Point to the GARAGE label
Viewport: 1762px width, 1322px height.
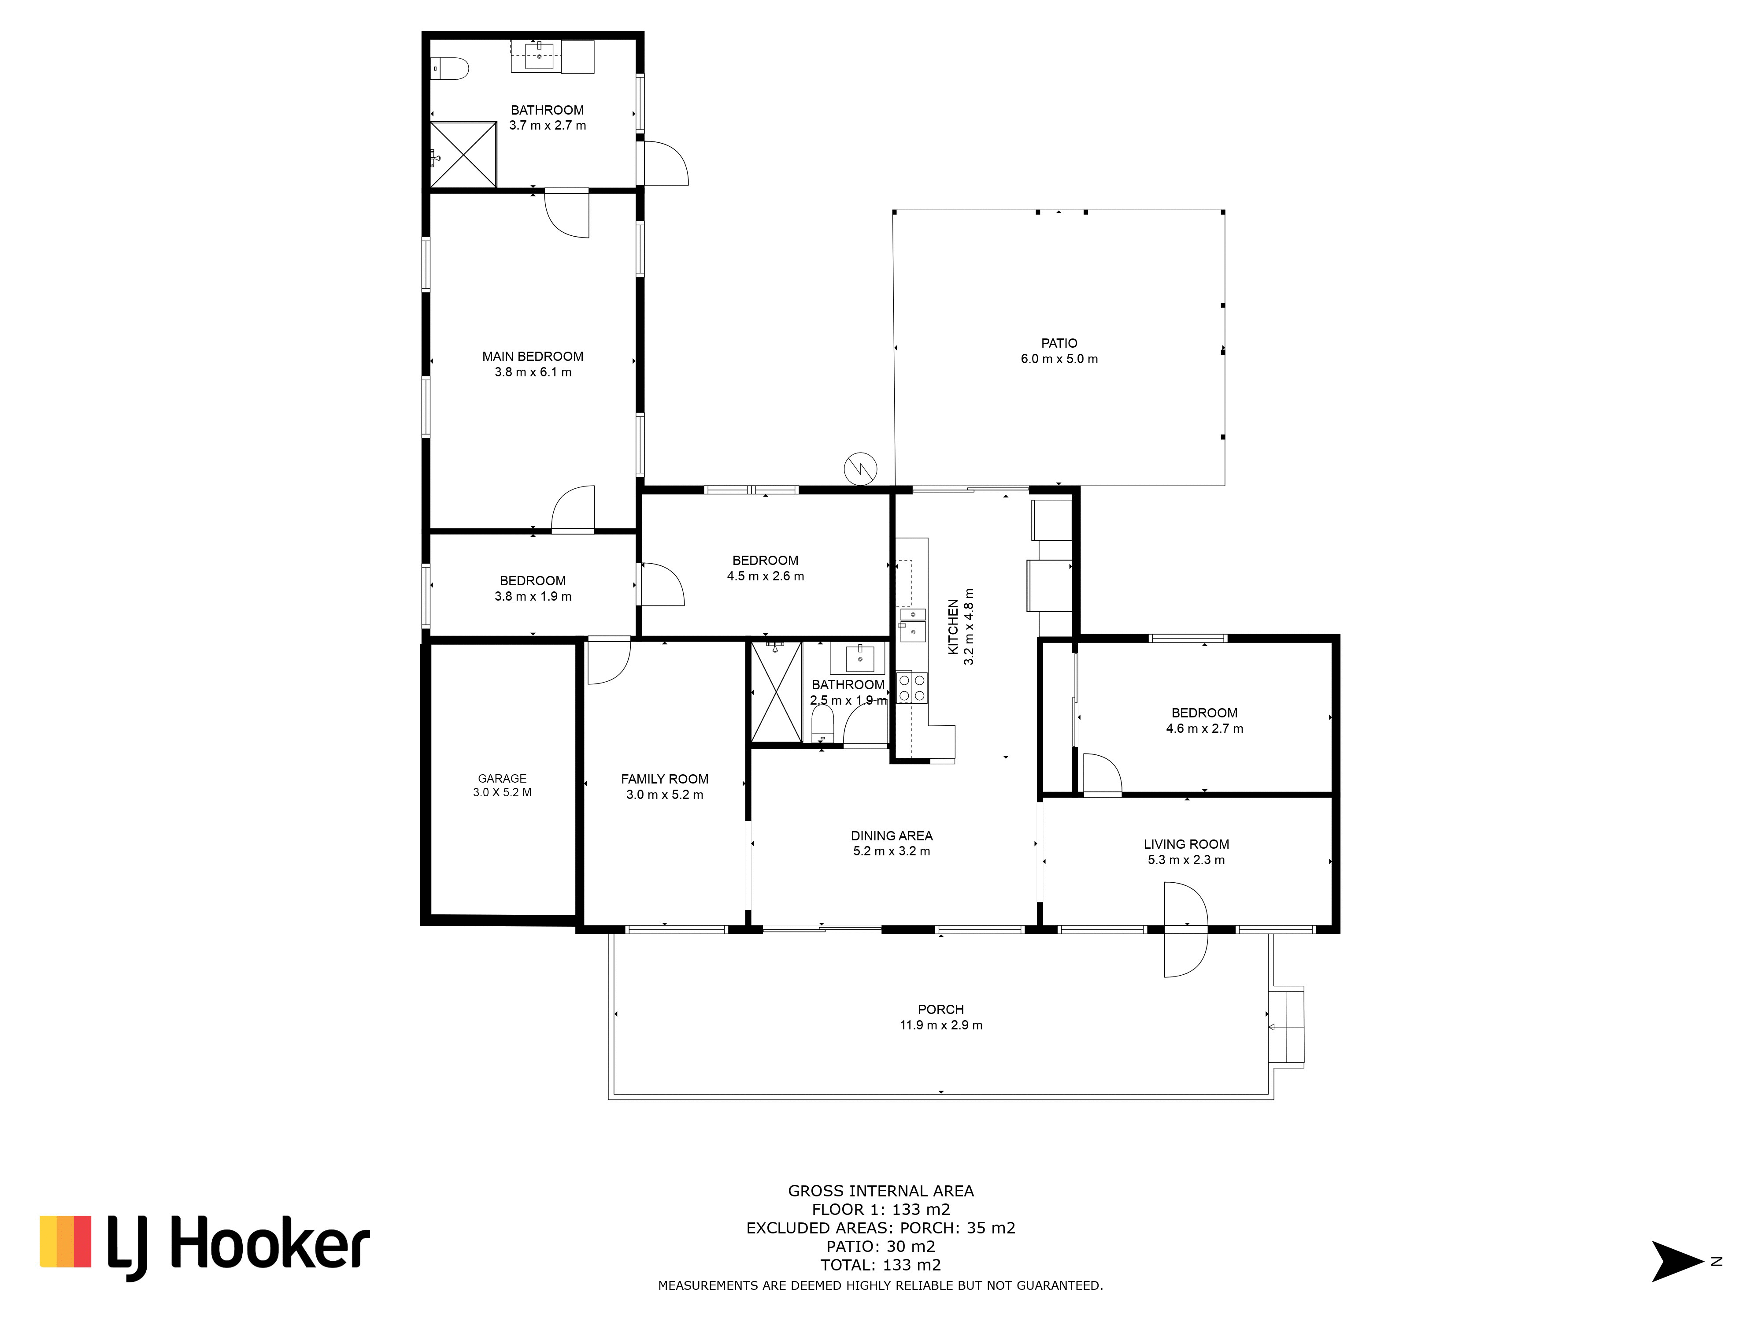502,779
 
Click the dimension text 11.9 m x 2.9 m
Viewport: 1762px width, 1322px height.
941,1025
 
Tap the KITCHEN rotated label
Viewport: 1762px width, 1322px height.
953,627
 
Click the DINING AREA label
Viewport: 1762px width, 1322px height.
892,836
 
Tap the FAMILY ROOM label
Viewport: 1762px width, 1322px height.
664,780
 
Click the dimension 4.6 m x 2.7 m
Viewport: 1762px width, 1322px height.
1204,728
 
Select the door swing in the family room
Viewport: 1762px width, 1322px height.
609,661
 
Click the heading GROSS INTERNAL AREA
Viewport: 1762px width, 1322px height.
881,1191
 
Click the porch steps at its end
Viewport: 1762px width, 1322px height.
1286,1027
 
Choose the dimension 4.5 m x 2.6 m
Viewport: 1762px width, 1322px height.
766,576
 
